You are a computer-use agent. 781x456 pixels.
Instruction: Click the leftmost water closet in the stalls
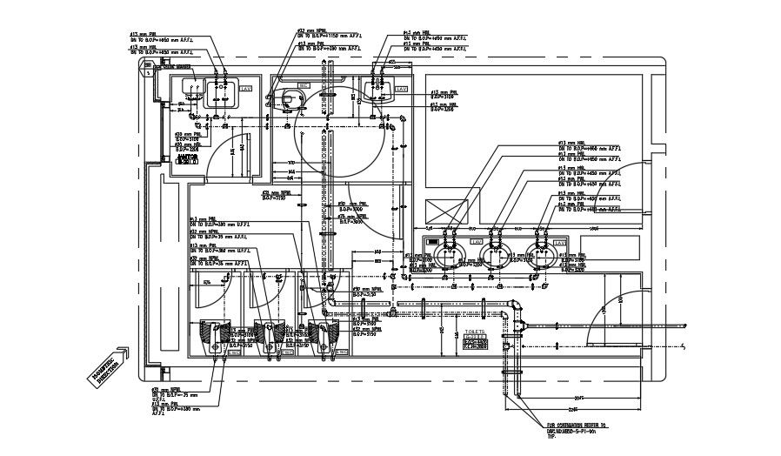[x=215, y=334]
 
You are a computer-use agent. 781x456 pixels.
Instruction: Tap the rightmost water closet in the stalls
[x=324, y=334]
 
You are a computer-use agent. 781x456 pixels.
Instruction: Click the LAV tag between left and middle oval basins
[x=475, y=241]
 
